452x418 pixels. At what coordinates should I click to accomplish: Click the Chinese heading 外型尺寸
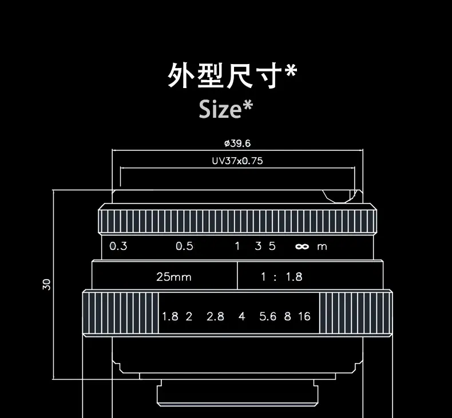click(x=225, y=76)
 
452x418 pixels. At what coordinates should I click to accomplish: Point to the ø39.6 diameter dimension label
click(x=237, y=143)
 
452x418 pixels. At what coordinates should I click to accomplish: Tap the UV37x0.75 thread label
click(x=237, y=161)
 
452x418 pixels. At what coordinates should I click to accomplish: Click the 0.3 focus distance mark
click(x=118, y=246)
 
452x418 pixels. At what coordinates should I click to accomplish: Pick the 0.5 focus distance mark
click(x=184, y=246)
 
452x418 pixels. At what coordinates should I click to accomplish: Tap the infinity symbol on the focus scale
click(x=302, y=247)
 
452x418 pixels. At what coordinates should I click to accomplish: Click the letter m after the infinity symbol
click(x=322, y=247)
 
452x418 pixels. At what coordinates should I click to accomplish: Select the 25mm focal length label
click(x=174, y=277)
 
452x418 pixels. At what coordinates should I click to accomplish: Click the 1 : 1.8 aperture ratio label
click(x=281, y=277)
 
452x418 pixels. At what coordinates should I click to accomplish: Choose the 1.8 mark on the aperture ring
click(x=170, y=316)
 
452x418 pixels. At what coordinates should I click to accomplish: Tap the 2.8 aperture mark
click(x=216, y=316)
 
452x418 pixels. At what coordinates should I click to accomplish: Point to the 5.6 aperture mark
click(x=268, y=316)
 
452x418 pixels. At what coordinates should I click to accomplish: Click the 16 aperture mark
click(x=304, y=316)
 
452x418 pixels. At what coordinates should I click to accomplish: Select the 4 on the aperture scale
click(x=242, y=316)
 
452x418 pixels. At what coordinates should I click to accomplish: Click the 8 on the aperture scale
click(x=288, y=316)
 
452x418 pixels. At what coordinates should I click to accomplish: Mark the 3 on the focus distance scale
click(x=258, y=246)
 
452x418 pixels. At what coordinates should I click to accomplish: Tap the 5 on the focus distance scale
click(x=272, y=246)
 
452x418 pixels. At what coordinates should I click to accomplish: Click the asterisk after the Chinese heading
click(x=291, y=71)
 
